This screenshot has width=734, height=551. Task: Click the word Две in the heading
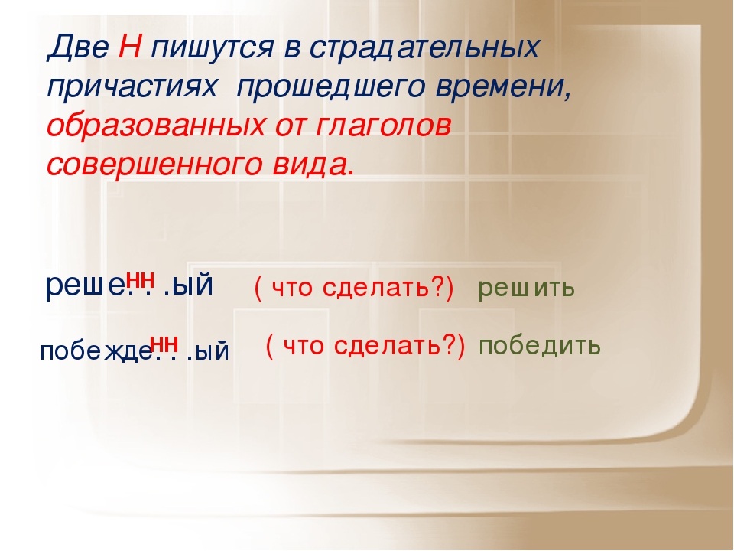78,47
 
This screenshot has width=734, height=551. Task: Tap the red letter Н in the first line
130,47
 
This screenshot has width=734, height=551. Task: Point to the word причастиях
132,88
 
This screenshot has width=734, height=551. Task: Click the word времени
504,87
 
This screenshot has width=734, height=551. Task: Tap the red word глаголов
383,126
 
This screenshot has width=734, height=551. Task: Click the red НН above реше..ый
141,280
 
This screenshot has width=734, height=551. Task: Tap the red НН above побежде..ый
164,344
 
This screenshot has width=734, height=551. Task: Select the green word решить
526,288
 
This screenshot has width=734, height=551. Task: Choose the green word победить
539,346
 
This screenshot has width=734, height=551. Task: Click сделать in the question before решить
375,287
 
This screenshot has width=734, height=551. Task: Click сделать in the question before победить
388,346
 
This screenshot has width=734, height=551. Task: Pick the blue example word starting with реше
129,285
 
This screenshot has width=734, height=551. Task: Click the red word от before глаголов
291,126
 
